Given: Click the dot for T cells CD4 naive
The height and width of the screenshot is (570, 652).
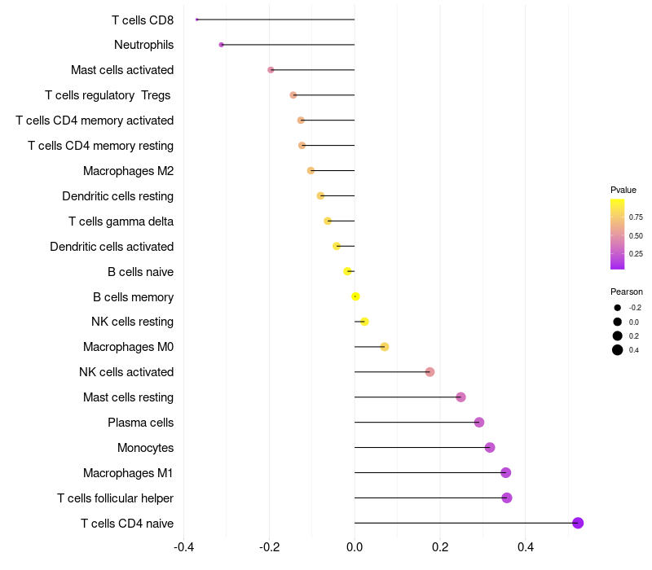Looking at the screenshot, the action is coord(578,523).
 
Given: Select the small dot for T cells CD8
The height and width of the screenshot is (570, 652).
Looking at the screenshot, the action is coord(196,20).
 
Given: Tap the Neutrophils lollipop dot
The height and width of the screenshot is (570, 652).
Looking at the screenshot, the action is coord(221,45).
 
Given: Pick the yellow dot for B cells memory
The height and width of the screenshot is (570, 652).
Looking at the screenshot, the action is coord(355,296).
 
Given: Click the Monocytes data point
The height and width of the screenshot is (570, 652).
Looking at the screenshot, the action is coord(490,447).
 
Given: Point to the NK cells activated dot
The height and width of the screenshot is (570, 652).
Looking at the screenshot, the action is coord(430,372).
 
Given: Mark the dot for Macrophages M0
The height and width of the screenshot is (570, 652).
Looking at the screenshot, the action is coord(385,347).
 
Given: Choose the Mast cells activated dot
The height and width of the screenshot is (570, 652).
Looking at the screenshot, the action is coord(271,70).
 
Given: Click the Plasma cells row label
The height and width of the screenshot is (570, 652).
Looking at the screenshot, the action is coord(140,423).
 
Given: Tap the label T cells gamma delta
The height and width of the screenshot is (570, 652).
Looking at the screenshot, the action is coord(121,221).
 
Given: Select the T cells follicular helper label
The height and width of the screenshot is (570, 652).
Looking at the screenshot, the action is coord(115,498).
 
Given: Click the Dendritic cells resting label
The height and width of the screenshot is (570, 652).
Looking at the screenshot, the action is coord(117,196).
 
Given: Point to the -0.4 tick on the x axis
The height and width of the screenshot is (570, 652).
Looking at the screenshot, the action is coord(184,546).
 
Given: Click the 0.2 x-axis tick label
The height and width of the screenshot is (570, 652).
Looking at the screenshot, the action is coord(440,546).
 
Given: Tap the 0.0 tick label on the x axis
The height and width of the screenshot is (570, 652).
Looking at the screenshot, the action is coord(355,546).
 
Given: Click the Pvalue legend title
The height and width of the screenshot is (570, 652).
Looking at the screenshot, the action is coord(623,190).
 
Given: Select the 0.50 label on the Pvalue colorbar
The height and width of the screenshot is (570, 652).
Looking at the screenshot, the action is coord(636,236).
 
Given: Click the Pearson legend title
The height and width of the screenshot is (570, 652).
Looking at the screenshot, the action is coord(627,292).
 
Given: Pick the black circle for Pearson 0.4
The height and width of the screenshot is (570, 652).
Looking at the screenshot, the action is coord(618,350).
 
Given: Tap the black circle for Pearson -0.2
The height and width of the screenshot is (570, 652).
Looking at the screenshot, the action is coord(618,308).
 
